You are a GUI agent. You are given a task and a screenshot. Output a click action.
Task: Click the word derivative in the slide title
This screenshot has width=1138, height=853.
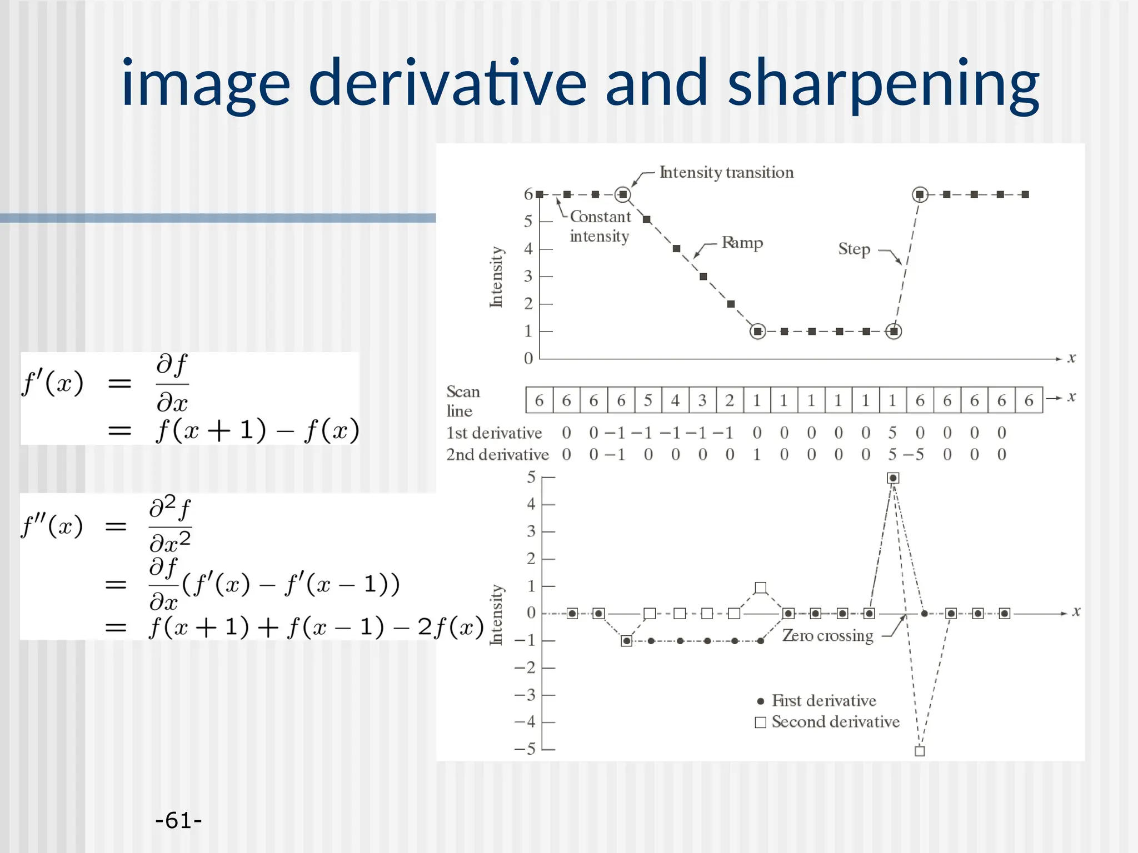click(x=447, y=83)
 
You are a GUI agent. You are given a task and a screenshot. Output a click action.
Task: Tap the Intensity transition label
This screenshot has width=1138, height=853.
click(x=726, y=172)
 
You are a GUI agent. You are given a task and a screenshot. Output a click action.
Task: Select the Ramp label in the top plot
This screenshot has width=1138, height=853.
click(x=742, y=243)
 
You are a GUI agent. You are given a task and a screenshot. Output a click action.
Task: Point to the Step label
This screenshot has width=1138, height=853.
click(x=854, y=249)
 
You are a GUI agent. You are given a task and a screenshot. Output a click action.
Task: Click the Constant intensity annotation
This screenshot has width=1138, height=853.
click(x=600, y=226)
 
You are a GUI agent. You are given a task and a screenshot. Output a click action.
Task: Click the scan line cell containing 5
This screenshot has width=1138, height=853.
click(x=648, y=400)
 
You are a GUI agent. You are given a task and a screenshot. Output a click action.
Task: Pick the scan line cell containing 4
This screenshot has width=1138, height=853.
click(x=675, y=400)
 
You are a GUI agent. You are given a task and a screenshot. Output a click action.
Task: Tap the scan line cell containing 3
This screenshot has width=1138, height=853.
click(x=702, y=400)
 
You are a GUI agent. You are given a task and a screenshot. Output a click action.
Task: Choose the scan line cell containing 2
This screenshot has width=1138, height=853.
click(x=730, y=400)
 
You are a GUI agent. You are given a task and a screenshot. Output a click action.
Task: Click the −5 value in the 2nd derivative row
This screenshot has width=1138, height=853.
click(x=914, y=455)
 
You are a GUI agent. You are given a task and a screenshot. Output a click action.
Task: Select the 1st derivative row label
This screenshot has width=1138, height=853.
click(x=494, y=433)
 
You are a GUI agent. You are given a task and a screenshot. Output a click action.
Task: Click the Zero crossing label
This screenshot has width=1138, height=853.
click(x=827, y=635)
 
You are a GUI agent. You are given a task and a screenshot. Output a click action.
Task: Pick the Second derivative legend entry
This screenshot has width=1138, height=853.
click(x=828, y=722)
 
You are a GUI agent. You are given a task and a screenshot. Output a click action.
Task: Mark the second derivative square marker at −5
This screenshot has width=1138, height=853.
click(x=920, y=751)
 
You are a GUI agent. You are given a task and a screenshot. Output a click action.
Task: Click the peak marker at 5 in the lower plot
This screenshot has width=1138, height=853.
click(x=893, y=478)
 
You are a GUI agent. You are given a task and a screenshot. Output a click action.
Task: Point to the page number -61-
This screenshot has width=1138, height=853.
click(x=178, y=820)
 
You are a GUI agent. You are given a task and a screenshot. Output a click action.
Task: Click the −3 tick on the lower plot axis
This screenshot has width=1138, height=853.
click(x=525, y=695)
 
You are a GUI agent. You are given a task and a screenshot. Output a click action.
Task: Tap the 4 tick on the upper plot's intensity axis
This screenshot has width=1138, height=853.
click(x=528, y=249)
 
